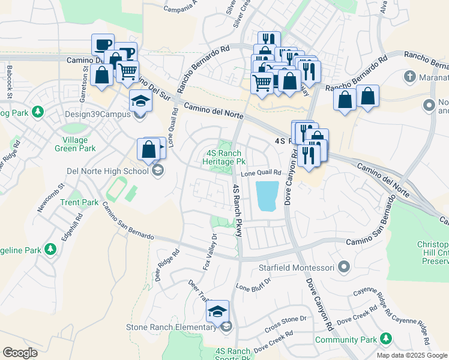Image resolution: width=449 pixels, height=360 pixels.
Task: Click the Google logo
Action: tap(20, 353)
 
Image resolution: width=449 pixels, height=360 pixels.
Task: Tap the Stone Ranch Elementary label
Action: tap(170, 327)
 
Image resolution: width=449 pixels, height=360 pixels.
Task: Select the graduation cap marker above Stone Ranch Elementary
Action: tap(217, 311)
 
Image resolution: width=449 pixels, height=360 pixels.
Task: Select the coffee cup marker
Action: tap(102, 44)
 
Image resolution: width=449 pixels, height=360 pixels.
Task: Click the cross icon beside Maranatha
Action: tap(410, 77)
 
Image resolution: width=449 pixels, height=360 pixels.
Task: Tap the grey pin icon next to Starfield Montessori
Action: tap(343, 266)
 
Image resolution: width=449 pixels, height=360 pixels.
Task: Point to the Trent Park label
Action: tap(79, 202)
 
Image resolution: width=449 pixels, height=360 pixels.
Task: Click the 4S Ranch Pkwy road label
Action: tap(237, 210)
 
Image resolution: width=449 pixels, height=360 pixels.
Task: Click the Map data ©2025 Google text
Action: tap(411, 355)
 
